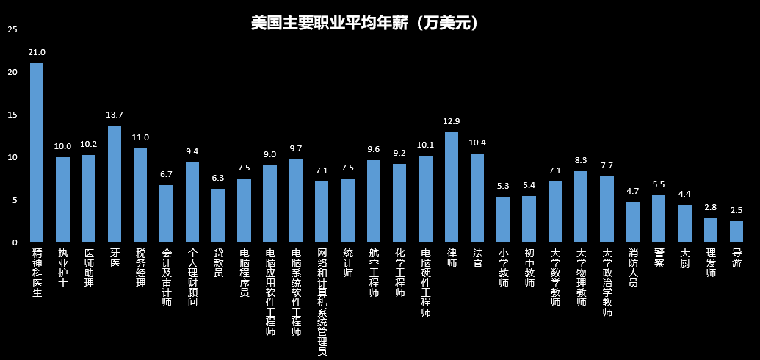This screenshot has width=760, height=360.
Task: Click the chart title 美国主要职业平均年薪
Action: pos(365,24)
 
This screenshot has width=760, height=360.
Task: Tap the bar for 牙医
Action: pos(115,184)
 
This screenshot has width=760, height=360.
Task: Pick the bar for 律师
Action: pos(452,187)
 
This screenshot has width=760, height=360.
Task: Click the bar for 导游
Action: pos(737,231)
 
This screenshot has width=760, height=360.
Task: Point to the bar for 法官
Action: pos(477,198)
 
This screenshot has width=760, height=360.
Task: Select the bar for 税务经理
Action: pos(140,195)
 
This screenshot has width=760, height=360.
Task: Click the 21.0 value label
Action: pos(37,53)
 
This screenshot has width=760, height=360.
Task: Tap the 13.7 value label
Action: pos(115,115)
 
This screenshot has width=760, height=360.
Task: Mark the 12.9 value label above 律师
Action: pos(452,121)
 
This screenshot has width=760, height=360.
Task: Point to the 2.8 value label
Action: pos(711,207)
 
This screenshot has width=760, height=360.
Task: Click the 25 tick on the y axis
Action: pos(12,29)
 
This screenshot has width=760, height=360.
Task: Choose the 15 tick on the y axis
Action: pos(12,115)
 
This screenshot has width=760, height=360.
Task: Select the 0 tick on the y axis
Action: pos(14,242)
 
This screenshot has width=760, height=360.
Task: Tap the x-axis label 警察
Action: pos(659,258)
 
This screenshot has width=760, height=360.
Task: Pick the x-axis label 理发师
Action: pos(711,263)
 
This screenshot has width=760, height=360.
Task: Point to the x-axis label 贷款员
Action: pos(218,263)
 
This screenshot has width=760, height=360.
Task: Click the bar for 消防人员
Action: pos(633,222)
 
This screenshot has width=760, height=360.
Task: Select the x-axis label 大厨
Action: pos(684,258)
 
